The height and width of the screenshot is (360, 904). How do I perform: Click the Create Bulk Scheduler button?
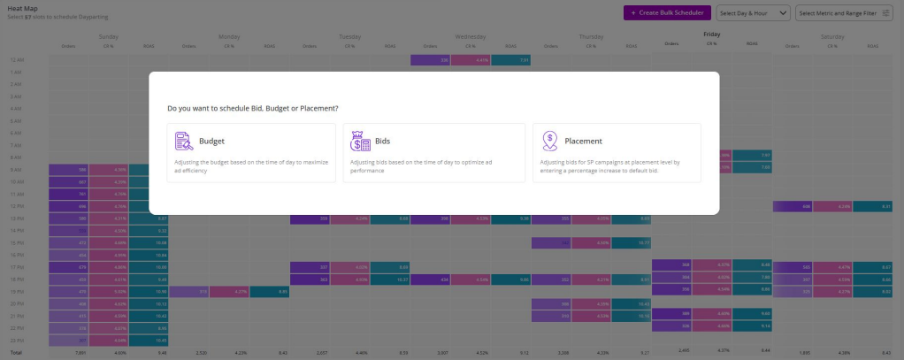[x=667, y=12]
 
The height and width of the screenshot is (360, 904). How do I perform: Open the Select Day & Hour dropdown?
[x=754, y=12]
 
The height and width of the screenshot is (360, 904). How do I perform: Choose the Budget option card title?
[x=211, y=141]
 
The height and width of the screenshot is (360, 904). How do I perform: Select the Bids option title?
[x=382, y=141]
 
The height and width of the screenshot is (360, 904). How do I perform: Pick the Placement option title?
[x=583, y=141]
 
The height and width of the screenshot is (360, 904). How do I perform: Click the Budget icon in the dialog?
[x=184, y=141]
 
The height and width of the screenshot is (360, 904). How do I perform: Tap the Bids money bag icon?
[x=360, y=141]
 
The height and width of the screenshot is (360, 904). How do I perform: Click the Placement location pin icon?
[x=550, y=141]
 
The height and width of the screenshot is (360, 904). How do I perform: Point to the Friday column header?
[x=712, y=34]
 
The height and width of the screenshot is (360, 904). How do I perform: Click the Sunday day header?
[x=108, y=36]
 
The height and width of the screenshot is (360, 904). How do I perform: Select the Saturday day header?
[x=832, y=36]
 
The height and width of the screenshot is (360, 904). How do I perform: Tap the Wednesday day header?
[x=471, y=36]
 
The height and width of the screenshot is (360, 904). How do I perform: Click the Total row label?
[x=15, y=352]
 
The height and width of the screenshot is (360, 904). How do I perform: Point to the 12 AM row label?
[x=16, y=59]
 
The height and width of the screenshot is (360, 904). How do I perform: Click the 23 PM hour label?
[x=16, y=340]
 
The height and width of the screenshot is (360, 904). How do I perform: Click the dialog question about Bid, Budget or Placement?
[x=253, y=108]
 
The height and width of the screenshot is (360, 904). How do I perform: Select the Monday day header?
[x=229, y=36]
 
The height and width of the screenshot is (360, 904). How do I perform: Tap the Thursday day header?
[x=591, y=36]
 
